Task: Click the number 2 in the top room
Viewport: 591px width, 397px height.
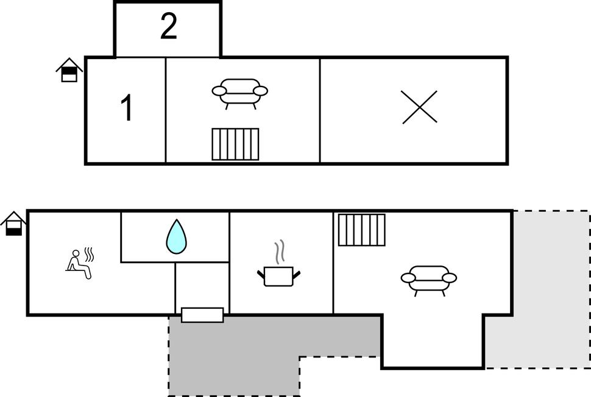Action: [168, 28]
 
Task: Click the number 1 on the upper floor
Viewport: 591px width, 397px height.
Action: [126, 109]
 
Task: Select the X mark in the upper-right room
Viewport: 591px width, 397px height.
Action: [420, 107]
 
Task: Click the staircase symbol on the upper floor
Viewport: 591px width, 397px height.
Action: [235, 144]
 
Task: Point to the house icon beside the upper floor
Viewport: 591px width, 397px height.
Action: [69, 70]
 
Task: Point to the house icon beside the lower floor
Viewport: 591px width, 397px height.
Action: [13, 223]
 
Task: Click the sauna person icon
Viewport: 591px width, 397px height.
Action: [78, 264]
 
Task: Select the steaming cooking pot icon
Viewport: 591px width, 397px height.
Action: [279, 274]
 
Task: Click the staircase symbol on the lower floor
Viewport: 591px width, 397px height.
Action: [362, 230]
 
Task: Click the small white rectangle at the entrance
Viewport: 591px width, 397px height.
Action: [202, 315]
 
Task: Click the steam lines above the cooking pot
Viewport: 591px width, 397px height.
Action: [279, 251]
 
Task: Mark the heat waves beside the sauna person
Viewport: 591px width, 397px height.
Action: [89, 253]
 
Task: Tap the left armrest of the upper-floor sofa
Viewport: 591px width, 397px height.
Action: [219, 91]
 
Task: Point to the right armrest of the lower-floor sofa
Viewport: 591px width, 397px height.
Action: [449, 278]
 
